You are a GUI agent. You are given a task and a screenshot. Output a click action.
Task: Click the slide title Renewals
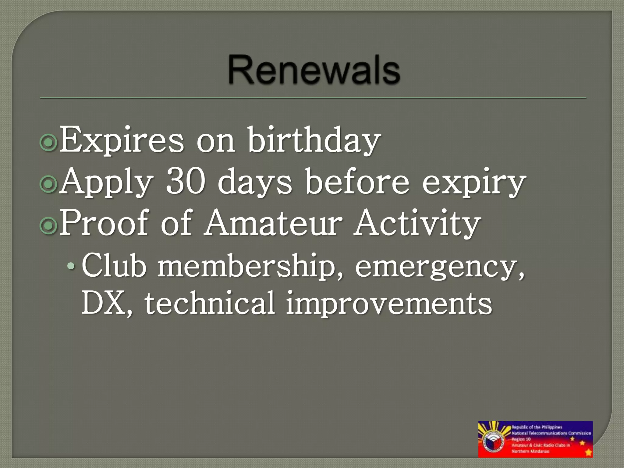pos(314,70)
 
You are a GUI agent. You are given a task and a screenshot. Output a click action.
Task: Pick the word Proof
pos(104,223)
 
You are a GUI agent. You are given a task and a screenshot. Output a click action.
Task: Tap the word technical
pos(210,303)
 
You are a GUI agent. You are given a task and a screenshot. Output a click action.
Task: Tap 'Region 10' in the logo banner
pos(521,439)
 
